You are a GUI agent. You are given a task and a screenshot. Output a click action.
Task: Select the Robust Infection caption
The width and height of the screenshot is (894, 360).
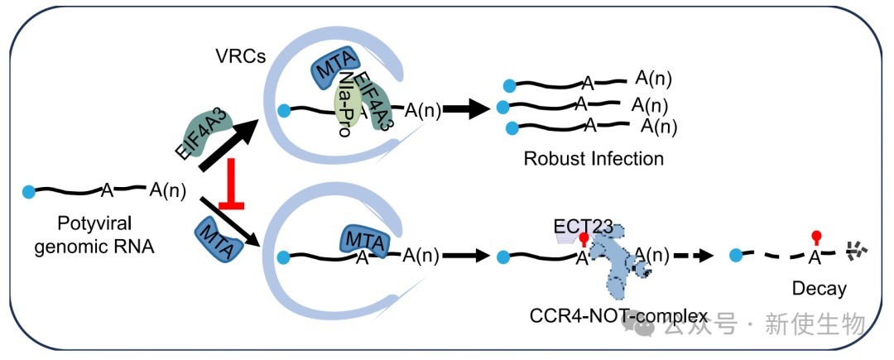pyautogui.click(x=594, y=157)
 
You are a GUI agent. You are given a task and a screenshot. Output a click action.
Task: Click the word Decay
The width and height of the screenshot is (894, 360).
pyautogui.click(x=819, y=288)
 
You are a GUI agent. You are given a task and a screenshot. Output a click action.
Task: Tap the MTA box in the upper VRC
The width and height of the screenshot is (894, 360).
pyautogui.click(x=334, y=69)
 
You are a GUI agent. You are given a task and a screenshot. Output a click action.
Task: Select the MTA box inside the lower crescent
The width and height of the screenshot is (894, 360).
pyautogui.click(x=364, y=240)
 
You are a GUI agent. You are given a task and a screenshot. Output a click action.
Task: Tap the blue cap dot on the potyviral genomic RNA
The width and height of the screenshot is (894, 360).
pyautogui.click(x=30, y=192)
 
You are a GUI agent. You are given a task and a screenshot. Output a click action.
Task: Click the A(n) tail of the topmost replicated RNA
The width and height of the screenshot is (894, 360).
pyautogui.click(x=653, y=79)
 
